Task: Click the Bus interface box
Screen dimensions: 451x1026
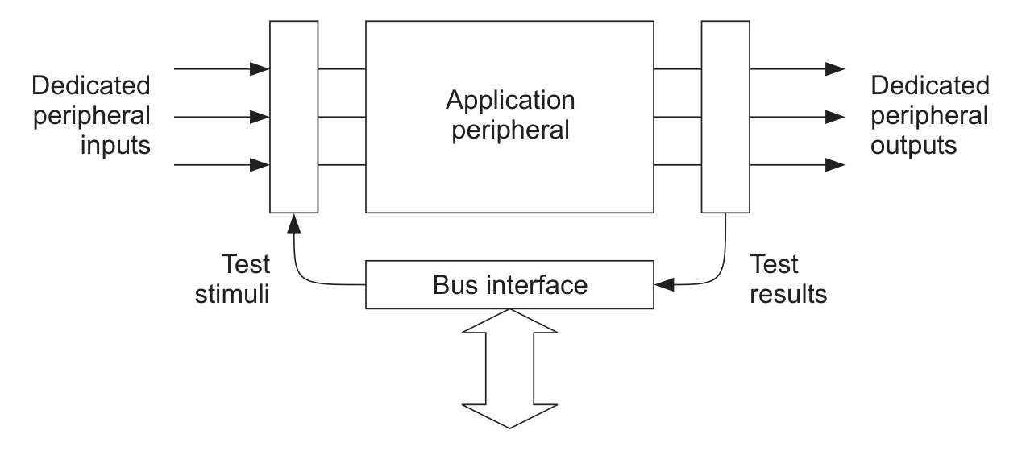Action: pyautogui.click(x=509, y=284)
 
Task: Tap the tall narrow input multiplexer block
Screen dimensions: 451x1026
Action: pyautogui.click(x=294, y=117)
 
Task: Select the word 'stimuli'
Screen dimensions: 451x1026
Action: pyautogui.click(x=235, y=293)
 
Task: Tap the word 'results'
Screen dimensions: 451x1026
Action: pyautogui.click(x=787, y=293)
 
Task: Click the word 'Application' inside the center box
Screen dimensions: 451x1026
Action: pyautogui.click(x=510, y=101)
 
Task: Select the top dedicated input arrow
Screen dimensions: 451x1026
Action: pyautogui.click(x=222, y=69)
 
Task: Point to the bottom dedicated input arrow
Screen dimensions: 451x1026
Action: pyautogui.click(x=222, y=165)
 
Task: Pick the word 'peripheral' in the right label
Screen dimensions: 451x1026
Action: pyautogui.click(x=930, y=115)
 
